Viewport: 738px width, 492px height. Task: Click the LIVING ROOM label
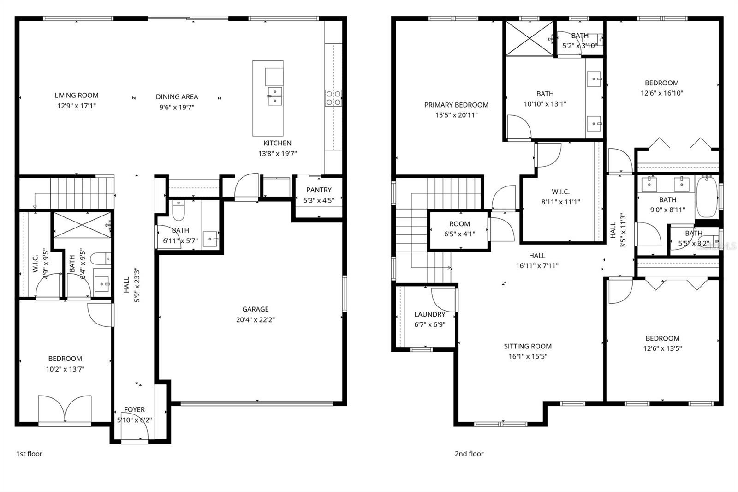[x=77, y=96]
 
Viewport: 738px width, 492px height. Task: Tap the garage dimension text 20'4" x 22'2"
[x=256, y=319]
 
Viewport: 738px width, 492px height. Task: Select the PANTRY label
[x=319, y=190]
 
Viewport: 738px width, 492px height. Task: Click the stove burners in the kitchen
[x=333, y=98]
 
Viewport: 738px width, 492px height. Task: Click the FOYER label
[x=134, y=409]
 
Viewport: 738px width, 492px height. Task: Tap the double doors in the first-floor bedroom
[x=65, y=409]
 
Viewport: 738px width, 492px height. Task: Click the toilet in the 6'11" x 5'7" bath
[x=179, y=211]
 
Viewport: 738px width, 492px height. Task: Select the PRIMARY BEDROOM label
[x=456, y=105]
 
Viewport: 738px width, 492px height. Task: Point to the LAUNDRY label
[x=429, y=314]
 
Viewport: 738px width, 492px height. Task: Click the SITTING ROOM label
[x=528, y=346]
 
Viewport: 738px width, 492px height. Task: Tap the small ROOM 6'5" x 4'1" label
[x=459, y=224]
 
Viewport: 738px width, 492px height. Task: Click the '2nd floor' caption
[x=469, y=454]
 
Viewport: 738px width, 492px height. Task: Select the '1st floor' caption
[x=29, y=454]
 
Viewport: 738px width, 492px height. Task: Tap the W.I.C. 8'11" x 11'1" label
[x=560, y=192]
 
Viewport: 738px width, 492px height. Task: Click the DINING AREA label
[x=177, y=97]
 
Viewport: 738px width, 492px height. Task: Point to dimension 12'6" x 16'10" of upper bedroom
[x=661, y=93]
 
